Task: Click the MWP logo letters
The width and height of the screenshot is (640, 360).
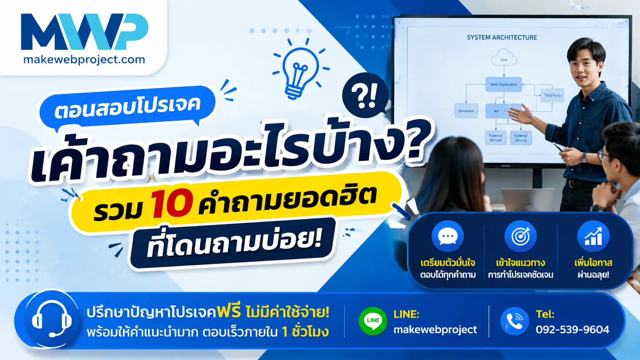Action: click(x=85, y=31)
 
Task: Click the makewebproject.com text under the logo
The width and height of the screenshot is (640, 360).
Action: click(x=84, y=60)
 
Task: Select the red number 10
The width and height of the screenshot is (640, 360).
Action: click(x=171, y=203)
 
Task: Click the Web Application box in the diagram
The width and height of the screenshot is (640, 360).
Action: click(x=504, y=85)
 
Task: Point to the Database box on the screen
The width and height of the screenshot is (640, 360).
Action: click(x=466, y=111)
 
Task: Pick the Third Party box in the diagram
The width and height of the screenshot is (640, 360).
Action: click(x=552, y=95)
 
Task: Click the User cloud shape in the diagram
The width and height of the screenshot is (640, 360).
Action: click(x=504, y=57)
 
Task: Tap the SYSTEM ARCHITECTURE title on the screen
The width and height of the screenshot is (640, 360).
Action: click(x=502, y=37)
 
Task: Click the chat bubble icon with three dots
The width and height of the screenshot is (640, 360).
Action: click(x=448, y=236)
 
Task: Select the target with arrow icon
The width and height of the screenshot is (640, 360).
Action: click(x=521, y=236)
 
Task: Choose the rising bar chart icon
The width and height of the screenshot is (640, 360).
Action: click(x=593, y=236)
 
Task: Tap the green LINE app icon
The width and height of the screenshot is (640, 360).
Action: click(x=373, y=321)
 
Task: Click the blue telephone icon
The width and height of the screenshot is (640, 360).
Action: click(x=514, y=321)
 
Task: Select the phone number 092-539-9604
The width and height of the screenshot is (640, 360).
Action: click(x=572, y=329)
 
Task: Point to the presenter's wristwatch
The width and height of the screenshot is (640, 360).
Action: click(x=584, y=157)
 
